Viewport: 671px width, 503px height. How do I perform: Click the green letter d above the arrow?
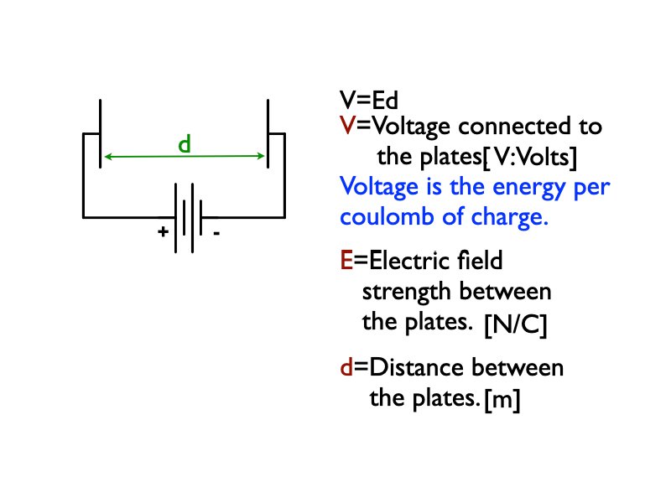point(185,143)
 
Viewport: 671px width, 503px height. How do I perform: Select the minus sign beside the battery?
point(216,235)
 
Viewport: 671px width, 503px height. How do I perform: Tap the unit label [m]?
point(502,402)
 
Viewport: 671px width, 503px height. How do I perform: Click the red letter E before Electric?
point(346,262)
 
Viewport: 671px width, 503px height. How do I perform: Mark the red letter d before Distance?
point(346,368)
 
